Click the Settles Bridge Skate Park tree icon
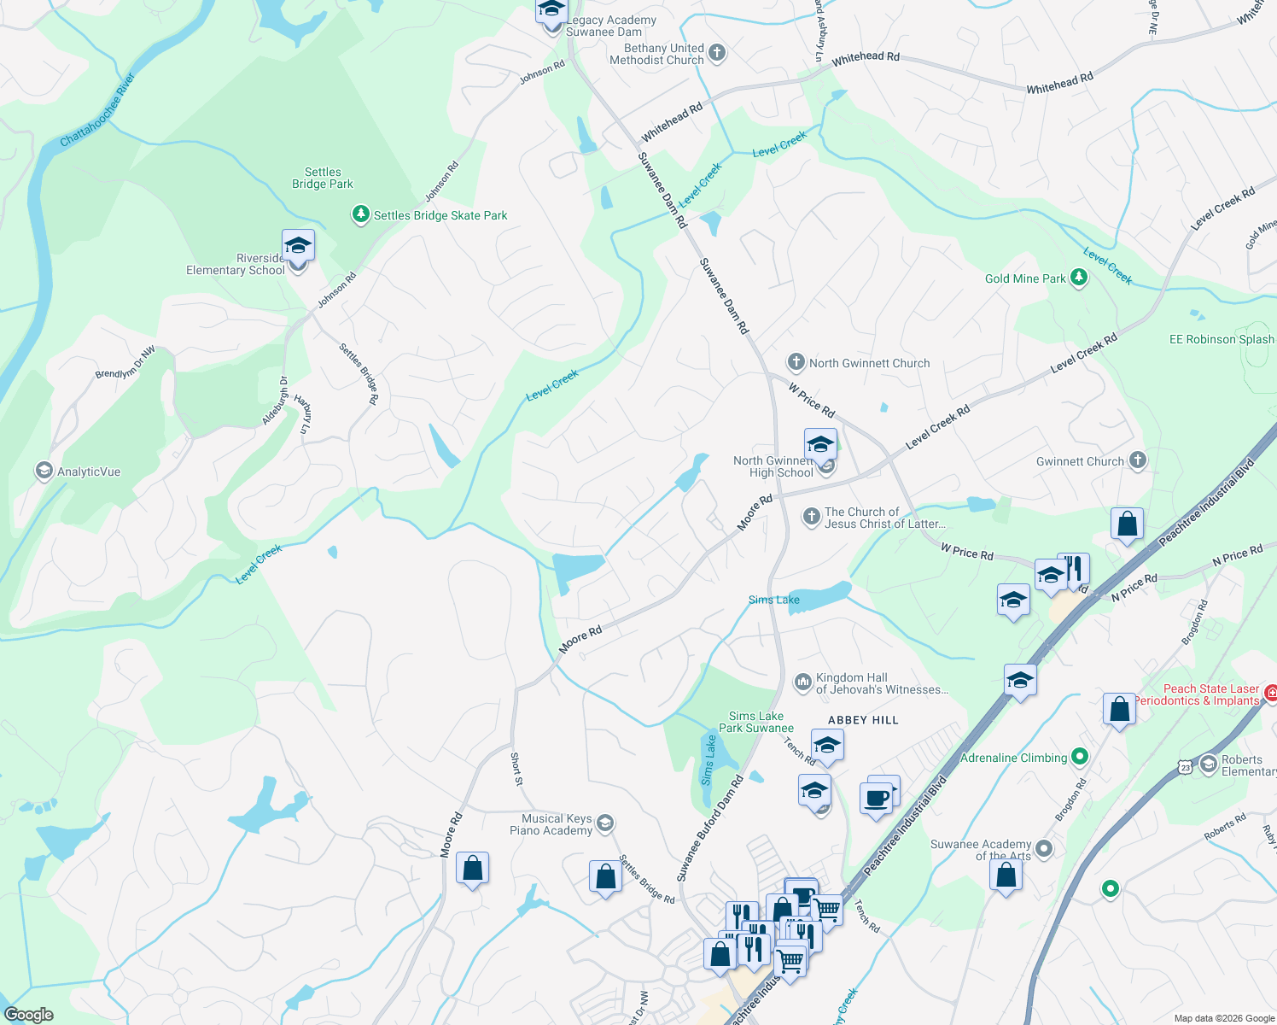(361, 214)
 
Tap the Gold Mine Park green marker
(1079, 278)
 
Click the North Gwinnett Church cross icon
(796, 362)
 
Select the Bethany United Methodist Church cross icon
(717, 53)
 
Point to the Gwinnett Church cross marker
(1137, 460)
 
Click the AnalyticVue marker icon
(44, 471)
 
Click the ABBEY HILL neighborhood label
(863, 720)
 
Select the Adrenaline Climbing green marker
(1080, 757)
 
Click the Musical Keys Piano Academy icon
(604, 823)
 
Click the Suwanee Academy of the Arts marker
(1043, 848)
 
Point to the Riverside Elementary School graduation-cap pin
(298, 246)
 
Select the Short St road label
(516, 769)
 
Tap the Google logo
(29, 1014)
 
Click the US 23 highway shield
(1186, 768)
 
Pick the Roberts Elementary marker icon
(1208, 764)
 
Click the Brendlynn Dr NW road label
(125, 362)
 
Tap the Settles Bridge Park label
(322, 178)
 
